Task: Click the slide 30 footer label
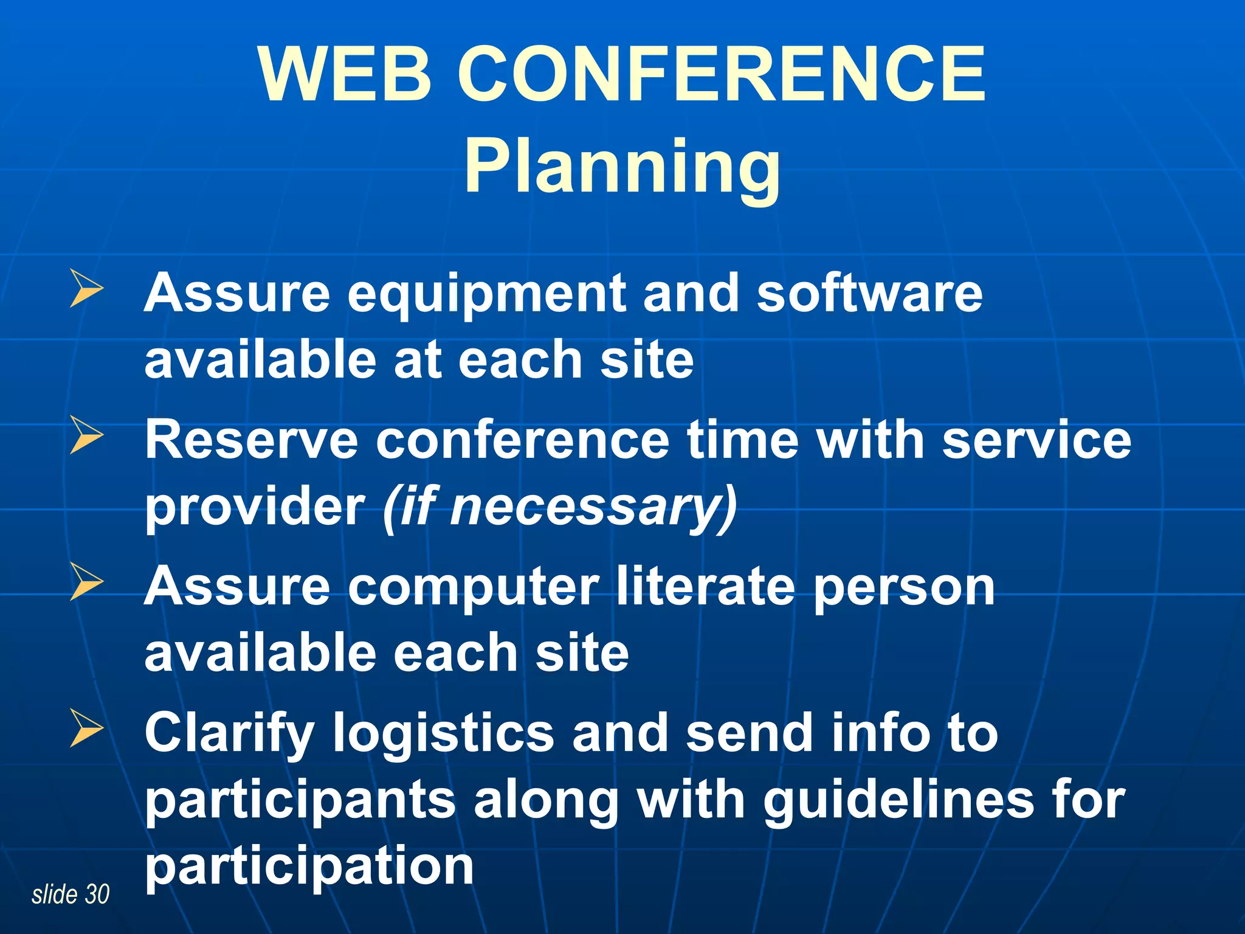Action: click(x=71, y=894)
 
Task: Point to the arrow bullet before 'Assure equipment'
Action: click(x=86, y=288)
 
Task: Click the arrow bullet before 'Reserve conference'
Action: click(x=86, y=435)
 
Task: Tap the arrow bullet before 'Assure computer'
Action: click(x=86, y=581)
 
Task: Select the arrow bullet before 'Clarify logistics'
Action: click(x=86, y=728)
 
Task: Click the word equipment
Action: click(x=486, y=295)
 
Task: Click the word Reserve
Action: click(x=251, y=440)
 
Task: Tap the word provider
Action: click(x=255, y=508)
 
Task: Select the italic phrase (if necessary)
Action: click(x=560, y=508)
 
